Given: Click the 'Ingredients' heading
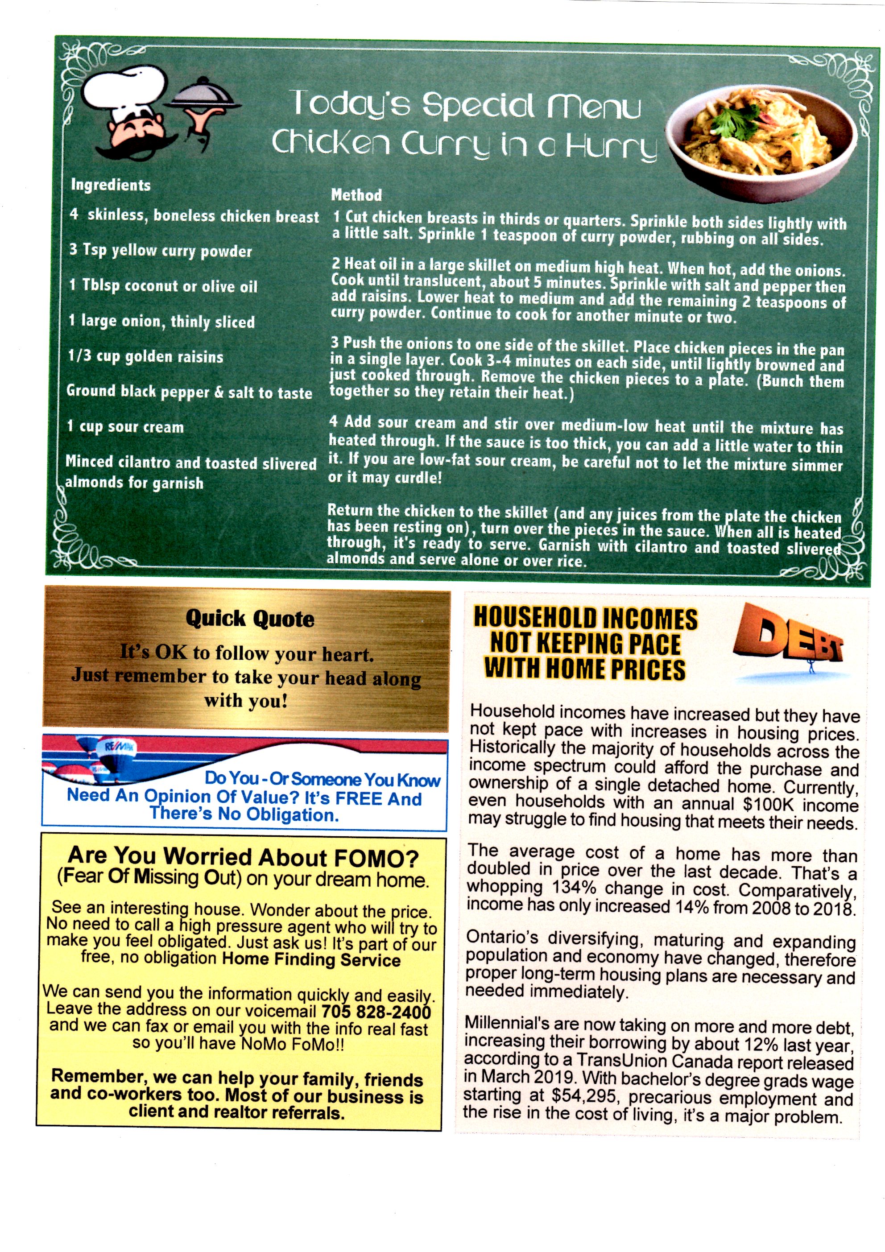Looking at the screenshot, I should pyautogui.click(x=111, y=185).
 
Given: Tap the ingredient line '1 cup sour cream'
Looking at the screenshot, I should pyautogui.click(x=125, y=426).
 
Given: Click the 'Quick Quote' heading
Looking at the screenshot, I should pyautogui.click(x=250, y=618).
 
